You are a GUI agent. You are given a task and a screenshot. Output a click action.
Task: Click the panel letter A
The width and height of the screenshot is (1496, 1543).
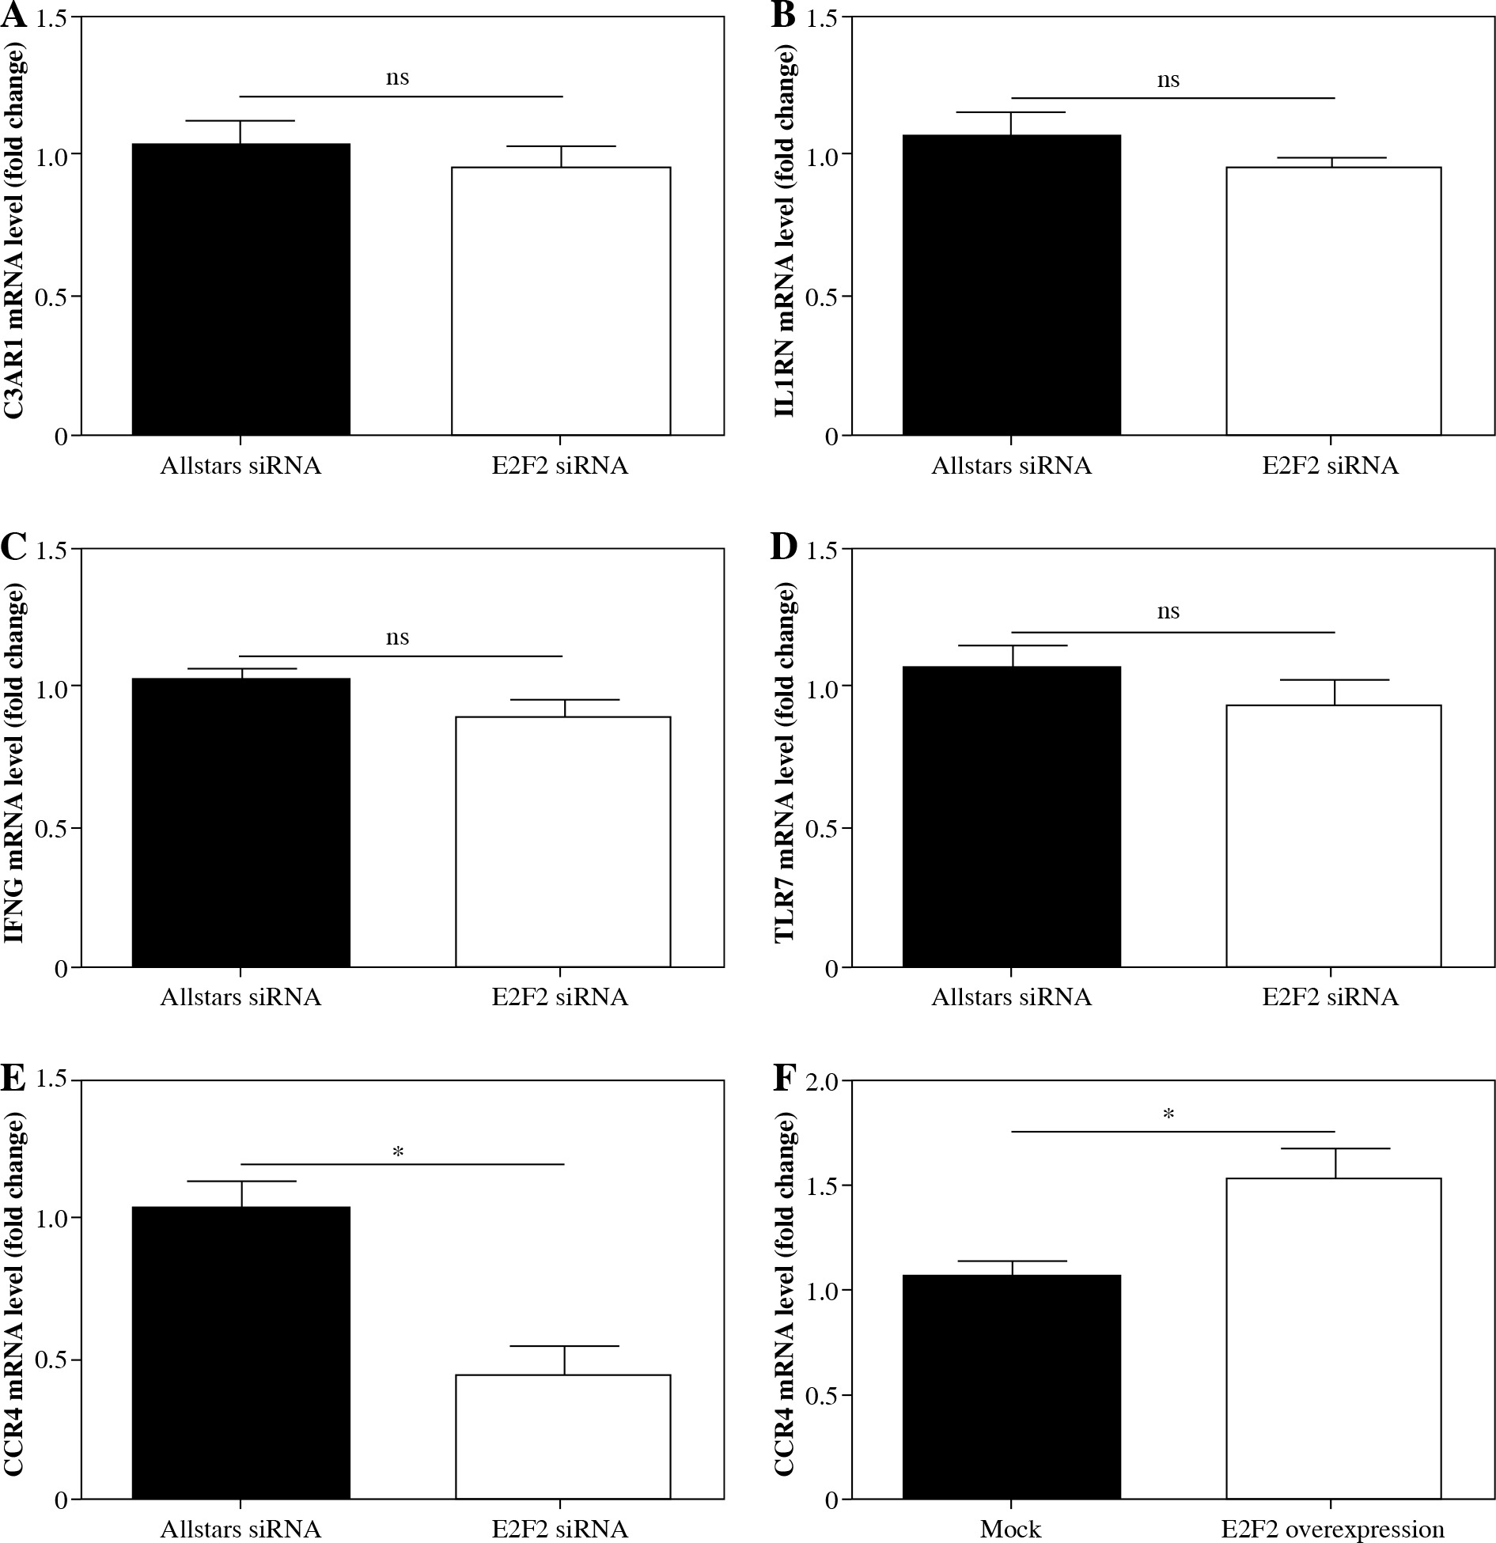(x=14, y=16)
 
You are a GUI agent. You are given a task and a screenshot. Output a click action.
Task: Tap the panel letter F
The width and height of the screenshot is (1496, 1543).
(x=783, y=1079)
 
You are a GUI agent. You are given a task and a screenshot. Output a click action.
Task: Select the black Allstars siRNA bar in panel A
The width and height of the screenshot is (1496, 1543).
(x=240, y=289)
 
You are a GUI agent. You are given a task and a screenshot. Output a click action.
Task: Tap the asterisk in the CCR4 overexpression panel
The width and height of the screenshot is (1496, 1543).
(x=1168, y=1115)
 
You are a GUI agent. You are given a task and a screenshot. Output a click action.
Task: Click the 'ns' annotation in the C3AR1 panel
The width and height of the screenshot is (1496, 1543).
(x=397, y=78)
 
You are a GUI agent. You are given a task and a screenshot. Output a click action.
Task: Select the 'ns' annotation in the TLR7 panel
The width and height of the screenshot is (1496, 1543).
(x=1168, y=611)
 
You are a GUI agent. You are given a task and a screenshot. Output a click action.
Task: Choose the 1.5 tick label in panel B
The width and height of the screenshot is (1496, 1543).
(x=822, y=18)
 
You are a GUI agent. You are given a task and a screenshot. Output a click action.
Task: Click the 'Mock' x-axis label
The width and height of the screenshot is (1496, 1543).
(x=1010, y=1529)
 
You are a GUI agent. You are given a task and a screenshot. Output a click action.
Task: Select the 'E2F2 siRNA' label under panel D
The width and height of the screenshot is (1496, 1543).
(x=1330, y=997)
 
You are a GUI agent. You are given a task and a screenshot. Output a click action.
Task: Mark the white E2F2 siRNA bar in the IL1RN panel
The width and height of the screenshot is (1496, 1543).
(x=1333, y=301)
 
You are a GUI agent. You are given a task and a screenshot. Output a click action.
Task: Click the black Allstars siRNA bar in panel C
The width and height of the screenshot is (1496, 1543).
(x=240, y=823)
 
